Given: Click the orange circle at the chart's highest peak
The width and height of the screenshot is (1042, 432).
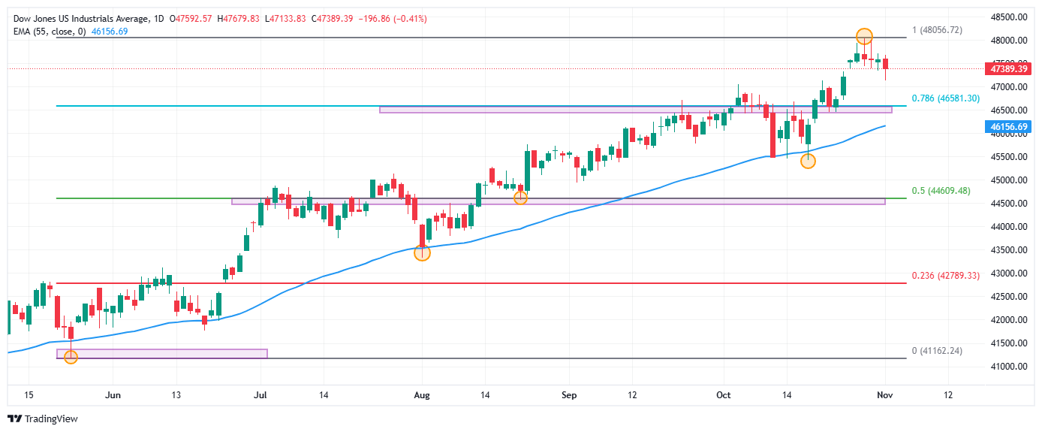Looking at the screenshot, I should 864,36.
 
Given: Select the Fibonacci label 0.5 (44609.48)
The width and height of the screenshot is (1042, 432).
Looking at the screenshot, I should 941,191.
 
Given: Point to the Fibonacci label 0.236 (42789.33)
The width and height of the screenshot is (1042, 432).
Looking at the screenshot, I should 946,276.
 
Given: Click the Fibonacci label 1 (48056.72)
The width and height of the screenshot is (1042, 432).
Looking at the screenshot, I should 937,30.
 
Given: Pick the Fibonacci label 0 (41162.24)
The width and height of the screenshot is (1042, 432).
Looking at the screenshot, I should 937,351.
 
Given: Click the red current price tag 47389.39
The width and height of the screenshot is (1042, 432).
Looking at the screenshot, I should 1009,68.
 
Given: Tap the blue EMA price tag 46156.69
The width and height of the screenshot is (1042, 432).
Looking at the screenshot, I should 1009,127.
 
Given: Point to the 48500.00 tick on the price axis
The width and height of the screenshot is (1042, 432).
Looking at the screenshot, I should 1009,17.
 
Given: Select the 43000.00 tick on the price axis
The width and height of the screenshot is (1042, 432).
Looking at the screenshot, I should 1009,273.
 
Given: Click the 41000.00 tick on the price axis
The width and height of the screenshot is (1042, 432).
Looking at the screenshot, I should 1009,366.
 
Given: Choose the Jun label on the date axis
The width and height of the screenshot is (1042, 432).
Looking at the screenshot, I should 113,395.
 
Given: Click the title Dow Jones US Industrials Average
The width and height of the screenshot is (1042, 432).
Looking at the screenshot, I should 79,18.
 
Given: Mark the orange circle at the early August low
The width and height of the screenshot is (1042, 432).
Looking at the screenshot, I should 423,253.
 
